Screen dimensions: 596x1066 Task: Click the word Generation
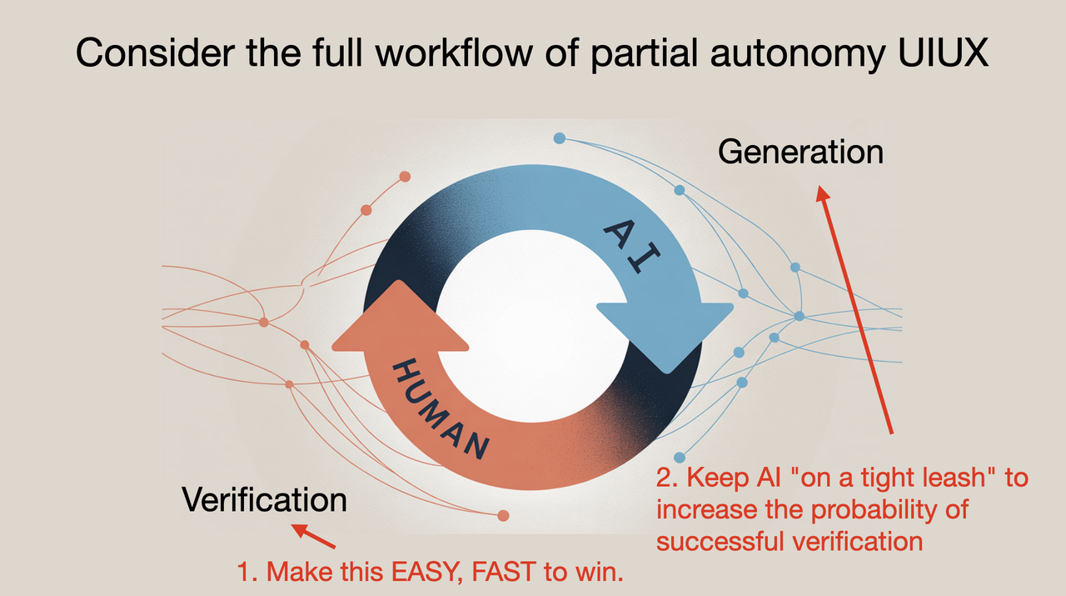pos(799,153)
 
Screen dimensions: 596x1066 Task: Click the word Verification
pos(265,500)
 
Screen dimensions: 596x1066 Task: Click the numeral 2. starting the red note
pos(666,479)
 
